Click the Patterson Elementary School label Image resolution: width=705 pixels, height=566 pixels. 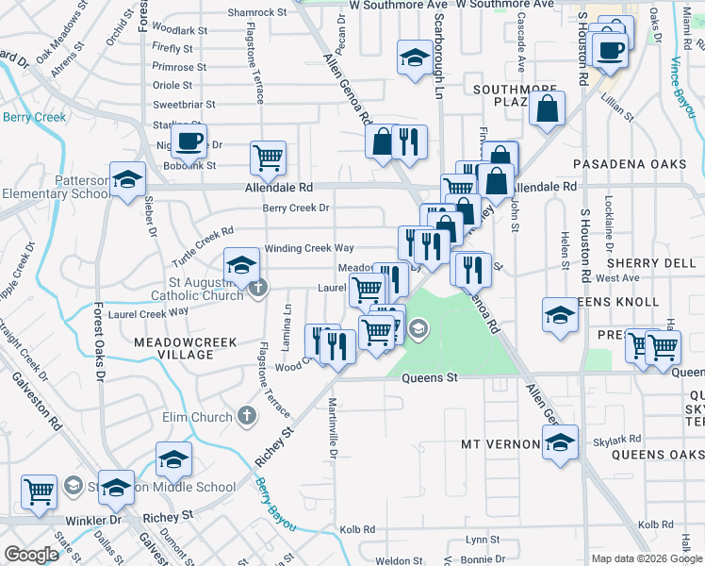click(56, 187)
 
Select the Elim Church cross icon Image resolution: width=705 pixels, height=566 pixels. click(246, 416)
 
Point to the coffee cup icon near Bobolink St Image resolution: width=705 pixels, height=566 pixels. click(189, 141)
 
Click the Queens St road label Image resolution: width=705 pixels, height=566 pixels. click(429, 377)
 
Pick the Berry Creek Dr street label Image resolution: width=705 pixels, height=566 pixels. click(296, 208)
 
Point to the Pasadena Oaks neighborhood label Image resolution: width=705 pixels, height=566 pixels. click(630, 164)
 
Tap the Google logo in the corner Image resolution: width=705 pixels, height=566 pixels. click(31, 555)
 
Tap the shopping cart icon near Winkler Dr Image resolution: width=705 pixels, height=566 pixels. click(39, 491)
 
